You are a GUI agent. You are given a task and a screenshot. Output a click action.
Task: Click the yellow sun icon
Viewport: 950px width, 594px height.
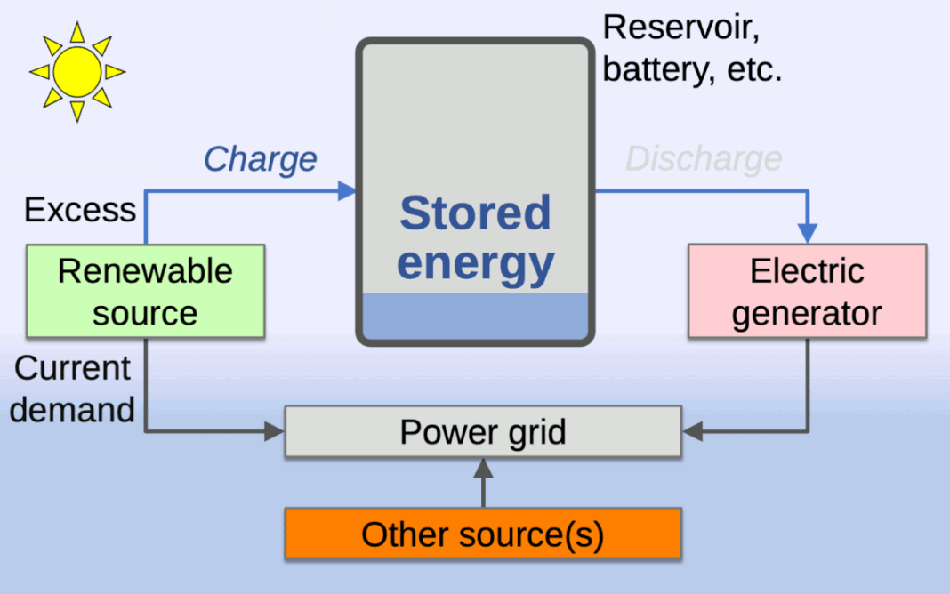click(76, 71)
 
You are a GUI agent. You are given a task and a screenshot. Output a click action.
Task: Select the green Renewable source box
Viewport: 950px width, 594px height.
click(145, 292)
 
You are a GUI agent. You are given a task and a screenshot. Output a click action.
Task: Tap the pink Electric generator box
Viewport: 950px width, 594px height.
click(807, 292)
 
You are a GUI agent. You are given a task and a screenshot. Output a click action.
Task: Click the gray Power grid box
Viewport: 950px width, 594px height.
click(483, 432)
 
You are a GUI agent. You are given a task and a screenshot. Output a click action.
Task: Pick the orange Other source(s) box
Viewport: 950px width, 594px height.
click(483, 534)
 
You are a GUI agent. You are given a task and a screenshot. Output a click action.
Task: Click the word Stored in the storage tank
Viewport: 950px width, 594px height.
click(475, 213)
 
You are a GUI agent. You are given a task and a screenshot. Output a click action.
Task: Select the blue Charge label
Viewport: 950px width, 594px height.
click(260, 159)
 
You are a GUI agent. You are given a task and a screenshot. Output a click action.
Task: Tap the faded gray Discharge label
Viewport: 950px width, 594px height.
click(704, 159)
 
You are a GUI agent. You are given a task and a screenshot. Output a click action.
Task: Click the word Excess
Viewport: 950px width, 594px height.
click(80, 211)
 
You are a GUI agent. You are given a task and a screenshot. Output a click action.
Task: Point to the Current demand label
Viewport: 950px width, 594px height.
click(73, 389)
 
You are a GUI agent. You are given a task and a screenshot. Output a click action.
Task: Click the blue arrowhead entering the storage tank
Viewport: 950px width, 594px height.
click(347, 190)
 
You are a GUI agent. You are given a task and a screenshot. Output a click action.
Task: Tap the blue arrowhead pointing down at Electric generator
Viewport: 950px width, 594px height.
click(807, 232)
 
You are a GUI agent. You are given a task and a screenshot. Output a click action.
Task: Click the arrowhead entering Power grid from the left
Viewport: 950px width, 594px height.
click(275, 433)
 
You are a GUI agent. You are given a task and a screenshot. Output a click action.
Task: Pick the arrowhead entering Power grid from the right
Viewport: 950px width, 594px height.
click(692, 433)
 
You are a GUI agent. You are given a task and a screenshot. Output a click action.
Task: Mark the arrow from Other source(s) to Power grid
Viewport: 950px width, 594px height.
click(483, 480)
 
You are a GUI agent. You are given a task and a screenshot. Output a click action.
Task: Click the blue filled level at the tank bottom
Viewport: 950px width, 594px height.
click(475, 316)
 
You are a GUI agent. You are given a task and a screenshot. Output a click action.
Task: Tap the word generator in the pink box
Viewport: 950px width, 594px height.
click(807, 313)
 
